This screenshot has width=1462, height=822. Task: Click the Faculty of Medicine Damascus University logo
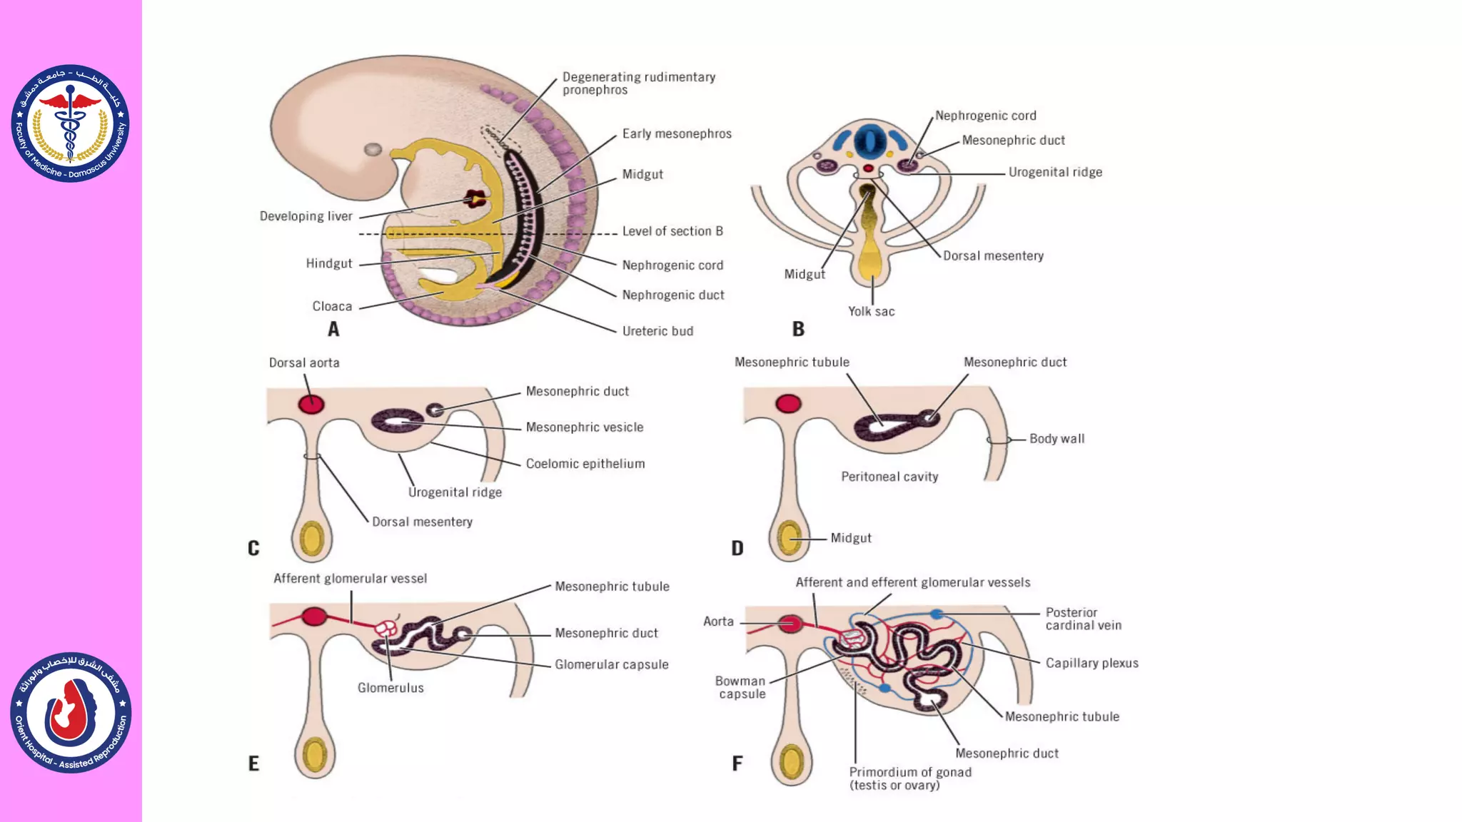[x=70, y=123]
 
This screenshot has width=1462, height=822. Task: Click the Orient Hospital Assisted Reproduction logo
[x=71, y=712]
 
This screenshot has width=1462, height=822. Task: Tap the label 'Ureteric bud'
[x=657, y=331]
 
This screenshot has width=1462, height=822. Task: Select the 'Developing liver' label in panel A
[x=306, y=216]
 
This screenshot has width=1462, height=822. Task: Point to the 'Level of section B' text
[x=672, y=231]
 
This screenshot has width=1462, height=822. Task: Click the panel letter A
[x=333, y=329]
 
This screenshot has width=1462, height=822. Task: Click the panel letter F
[x=737, y=763]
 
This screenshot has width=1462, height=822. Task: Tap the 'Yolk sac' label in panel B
[x=871, y=311]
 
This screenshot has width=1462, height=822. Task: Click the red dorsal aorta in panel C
[x=311, y=405]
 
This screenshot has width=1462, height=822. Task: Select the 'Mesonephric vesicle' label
[x=585, y=427]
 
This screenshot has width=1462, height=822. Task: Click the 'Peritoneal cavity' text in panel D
[x=889, y=477]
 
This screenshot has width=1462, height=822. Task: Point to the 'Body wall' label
[x=1057, y=439]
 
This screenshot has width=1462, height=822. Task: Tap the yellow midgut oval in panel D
[x=790, y=538]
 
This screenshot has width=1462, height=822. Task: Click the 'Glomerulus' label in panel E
[x=390, y=688]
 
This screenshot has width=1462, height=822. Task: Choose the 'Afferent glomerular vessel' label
[x=350, y=579]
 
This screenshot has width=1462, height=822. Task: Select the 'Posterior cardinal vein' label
[x=1083, y=619]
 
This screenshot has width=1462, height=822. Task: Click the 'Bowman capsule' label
[x=741, y=687]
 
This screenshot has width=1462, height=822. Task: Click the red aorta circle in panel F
[x=790, y=624]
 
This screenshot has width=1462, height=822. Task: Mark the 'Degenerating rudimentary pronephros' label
[x=638, y=83]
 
